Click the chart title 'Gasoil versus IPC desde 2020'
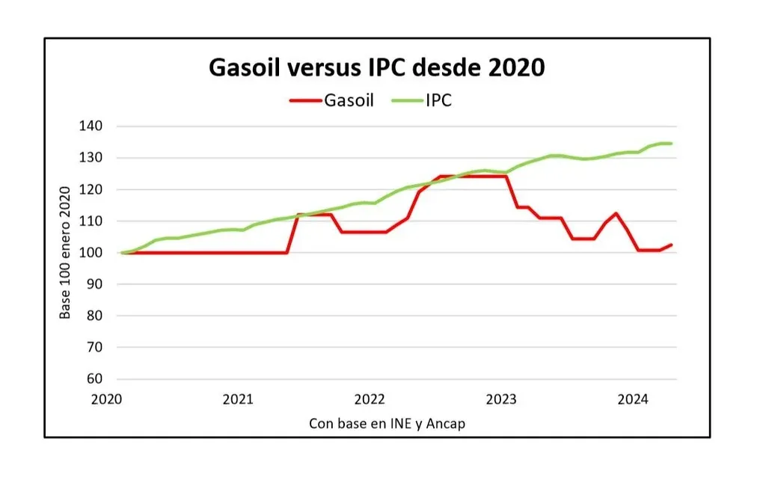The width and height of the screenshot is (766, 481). pos(376,67)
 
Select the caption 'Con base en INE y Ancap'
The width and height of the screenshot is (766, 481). pos(387,423)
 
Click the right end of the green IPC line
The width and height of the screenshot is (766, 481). pos(671,143)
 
